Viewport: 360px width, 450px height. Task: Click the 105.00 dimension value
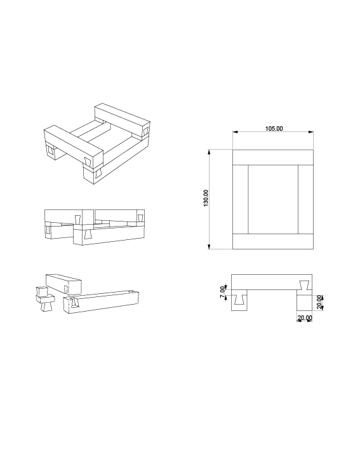[274, 129]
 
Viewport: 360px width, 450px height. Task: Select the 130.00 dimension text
[206, 198]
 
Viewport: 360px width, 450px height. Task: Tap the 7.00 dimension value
[223, 292]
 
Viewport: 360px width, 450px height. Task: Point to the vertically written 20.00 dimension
[320, 302]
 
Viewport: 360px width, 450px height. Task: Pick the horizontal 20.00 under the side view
[305, 318]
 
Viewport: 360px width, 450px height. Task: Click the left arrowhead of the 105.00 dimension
[236, 132]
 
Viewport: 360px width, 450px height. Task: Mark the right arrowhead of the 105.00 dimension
[310, 132]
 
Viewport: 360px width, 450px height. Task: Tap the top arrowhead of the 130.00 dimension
[210, 152]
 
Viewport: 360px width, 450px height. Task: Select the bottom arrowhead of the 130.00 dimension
[210, 246]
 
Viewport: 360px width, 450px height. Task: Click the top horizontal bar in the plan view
[273, 157]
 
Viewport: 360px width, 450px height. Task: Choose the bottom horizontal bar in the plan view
[273, 241]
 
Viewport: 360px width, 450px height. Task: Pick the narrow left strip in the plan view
[240, 199]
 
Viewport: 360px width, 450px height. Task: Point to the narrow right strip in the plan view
[305, 199]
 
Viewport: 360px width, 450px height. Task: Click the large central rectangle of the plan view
[273, 199]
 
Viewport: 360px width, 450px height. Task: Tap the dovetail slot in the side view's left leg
[239, 300]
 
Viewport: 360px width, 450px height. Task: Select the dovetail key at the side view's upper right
[305, 285]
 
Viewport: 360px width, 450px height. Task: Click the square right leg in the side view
[304, 303]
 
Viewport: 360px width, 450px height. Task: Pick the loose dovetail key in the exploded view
[45, 299]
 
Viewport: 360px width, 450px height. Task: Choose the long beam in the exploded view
[101, 302]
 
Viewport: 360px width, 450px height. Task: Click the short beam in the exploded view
[63, 284]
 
